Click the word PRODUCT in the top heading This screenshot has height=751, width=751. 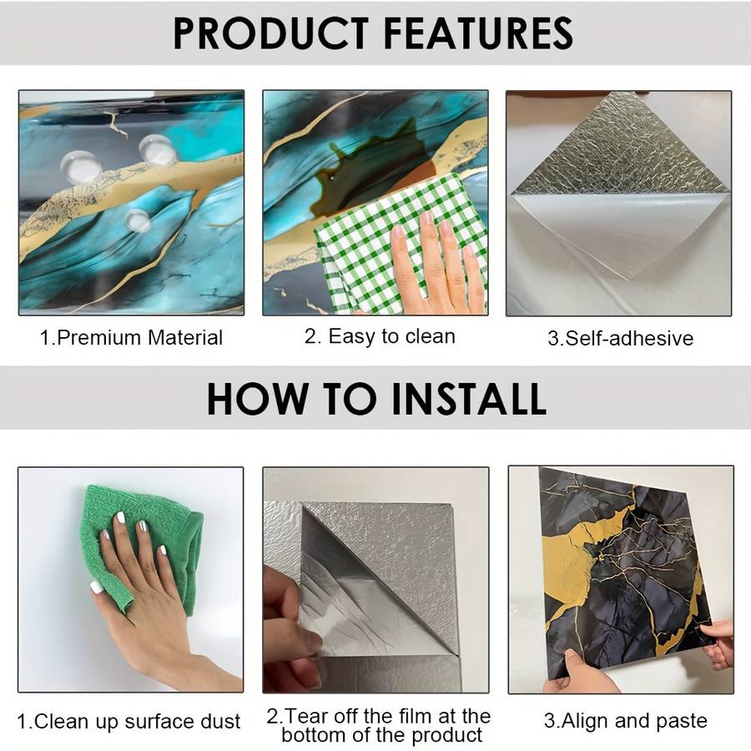(x=270, y=33)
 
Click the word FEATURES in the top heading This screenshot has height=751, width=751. (x=478, y=33)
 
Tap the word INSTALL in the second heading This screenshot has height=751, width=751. (x=468, y=399)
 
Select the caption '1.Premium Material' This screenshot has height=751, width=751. (x=131, y=338)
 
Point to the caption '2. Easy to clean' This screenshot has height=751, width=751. (x=380, y=336)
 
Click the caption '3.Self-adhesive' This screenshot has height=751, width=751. (x=620, y=338)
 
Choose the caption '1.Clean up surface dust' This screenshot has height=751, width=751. (x=129, y=721)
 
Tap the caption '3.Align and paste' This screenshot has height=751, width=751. (x=626, y=720)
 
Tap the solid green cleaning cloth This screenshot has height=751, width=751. (x=139, y=546)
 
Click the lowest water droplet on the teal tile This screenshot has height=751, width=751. (x=138, y=221)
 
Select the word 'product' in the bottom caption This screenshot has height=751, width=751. (x=447, y=735)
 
